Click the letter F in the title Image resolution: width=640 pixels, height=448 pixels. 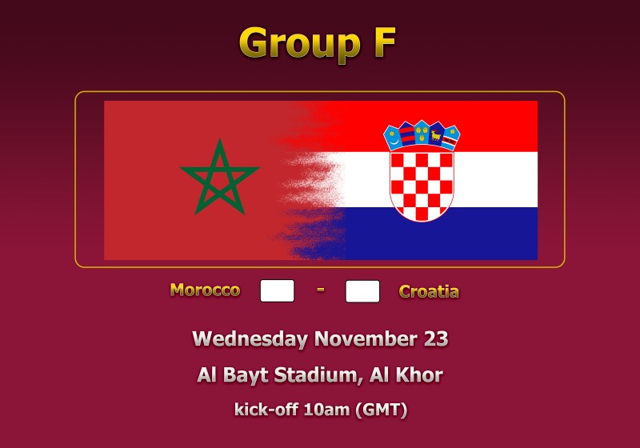[x=384, y=42]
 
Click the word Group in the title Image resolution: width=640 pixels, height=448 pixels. [x=300, y=45]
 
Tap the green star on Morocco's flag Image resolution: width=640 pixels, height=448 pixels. [x=219, y=177]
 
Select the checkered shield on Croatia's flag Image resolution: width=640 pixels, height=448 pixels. [x=422, y=186]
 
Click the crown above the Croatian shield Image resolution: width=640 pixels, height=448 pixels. [x=422, y=135]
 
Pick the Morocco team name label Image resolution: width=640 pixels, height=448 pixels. [x=205, y=290]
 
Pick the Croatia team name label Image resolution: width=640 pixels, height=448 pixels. [x=429, y=291]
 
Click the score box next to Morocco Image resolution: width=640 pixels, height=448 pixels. [x=277, y=290]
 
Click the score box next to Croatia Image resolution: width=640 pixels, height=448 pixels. [x=362, y=291]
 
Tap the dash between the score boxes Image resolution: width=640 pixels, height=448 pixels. [x=321, y=290]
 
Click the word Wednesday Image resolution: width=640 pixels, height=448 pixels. [x=250, y=339]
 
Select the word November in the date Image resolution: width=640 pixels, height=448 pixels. [x=366, y=338]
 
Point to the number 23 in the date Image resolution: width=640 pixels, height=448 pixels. [x=436, y=338]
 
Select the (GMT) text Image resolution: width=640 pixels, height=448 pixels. [x=382, y=410]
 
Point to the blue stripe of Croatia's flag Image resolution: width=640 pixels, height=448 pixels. [x=441, y=234]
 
